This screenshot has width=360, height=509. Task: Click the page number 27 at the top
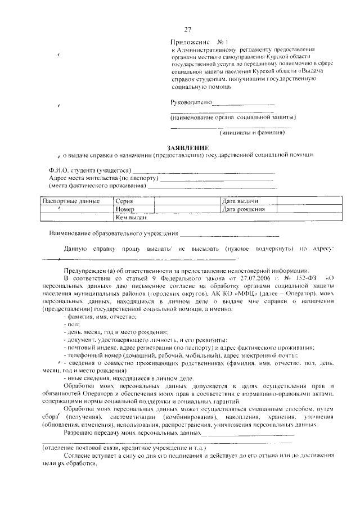188,30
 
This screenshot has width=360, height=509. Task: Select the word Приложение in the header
189,43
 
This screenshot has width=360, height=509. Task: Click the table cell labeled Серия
124,201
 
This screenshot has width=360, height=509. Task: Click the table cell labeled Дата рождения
244,209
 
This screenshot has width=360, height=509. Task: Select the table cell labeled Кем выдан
131,217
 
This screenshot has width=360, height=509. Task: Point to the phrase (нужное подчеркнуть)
259,248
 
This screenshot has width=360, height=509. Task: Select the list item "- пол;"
71,325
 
